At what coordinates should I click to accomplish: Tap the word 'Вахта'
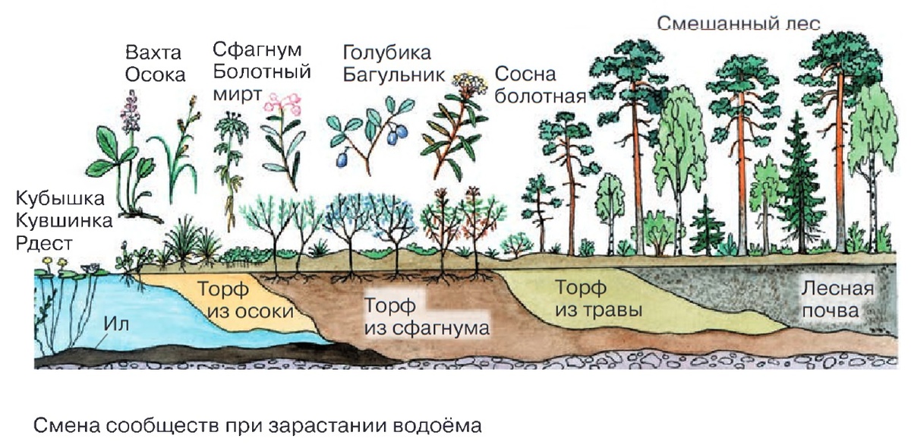154,53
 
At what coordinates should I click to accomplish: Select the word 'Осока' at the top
155,75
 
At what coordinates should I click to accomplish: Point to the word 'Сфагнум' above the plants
257,50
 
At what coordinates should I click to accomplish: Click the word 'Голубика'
386,53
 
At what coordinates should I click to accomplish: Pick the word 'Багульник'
392,75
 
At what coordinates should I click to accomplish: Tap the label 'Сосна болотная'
539,85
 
